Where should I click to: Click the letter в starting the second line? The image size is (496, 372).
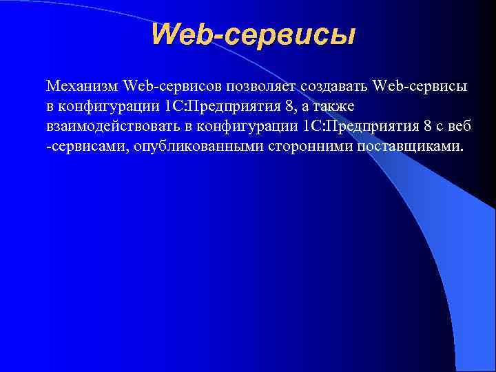tap(50, 107)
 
